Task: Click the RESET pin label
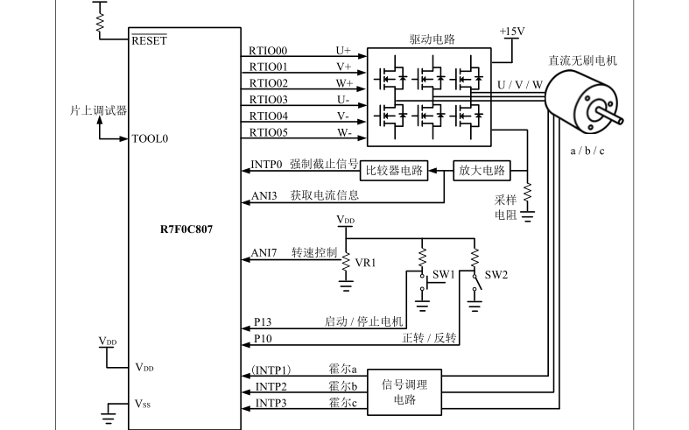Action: (150, 40)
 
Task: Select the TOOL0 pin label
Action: (150, 138)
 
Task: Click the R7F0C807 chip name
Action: (186, 229)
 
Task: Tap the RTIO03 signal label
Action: (269, 100)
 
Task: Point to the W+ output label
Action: (345, 83)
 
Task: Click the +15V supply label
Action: (512, 32)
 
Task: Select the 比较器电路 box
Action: (394, 171)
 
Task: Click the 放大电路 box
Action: (482, 171)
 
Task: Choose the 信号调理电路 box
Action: (404, 392)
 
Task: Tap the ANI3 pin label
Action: (264, 195)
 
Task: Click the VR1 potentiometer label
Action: (365, 263)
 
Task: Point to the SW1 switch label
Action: (443, 274)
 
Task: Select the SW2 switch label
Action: (496, 275)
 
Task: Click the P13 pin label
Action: (263, 321)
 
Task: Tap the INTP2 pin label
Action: (271, 387)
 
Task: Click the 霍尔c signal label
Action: (342, 403)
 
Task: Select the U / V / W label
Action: (520, 85)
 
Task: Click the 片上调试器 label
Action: (98, 110)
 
